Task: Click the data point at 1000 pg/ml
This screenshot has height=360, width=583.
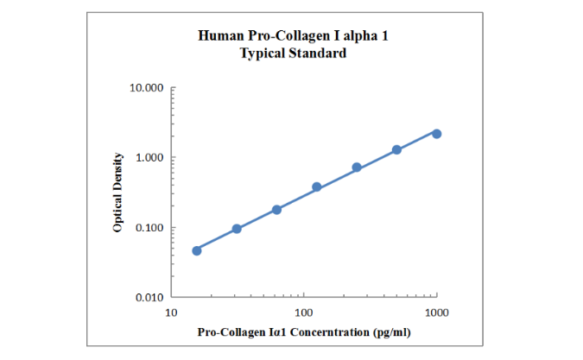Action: (x=436, y=134)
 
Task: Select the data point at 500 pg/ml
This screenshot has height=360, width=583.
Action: (x=396, y=149)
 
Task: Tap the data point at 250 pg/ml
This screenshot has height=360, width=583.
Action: (x=357, y=167)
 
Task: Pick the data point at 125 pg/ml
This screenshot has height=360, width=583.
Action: (x=317, y=187)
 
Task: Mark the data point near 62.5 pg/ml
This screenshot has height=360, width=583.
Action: (x=276, y=210)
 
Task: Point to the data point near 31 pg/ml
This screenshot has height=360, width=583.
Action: (x=237, y=229)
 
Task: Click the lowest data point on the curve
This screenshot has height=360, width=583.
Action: (x=197, y=250)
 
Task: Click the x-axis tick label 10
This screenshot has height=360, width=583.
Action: (x=172, y=311)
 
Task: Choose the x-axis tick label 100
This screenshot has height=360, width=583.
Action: (x=304, y=311)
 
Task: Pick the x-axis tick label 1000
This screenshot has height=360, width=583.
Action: (x=437, y=311)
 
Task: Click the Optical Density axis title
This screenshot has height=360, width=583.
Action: (x=117, y=193)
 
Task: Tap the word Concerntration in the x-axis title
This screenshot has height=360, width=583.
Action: (x=325, y=332)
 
